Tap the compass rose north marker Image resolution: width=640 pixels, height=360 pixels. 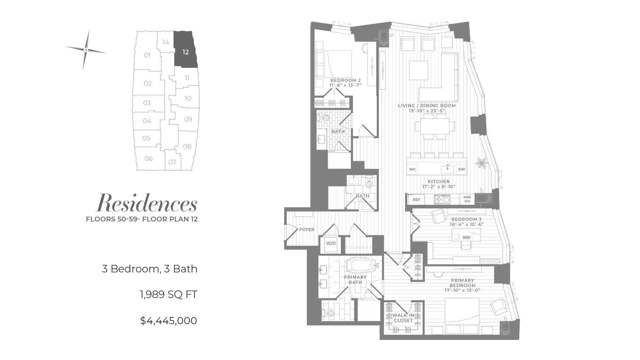coord(86,50)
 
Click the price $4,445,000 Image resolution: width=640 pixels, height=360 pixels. coord(168,321)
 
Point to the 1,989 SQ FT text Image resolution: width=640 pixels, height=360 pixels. coord(168,294)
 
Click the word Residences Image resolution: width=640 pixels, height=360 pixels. coord(147,203)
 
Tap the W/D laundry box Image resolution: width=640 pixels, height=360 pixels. coord(331,243)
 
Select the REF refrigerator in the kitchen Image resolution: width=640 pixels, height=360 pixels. coord(416,199)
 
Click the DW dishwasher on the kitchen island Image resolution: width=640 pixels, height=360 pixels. coord(461,169)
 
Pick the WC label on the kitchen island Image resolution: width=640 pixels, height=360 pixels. coord(412,169)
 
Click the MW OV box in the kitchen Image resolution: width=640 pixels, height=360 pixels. coord(467,199)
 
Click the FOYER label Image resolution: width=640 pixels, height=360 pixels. coord(307,229)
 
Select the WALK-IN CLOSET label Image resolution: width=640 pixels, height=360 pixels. coord(403,318)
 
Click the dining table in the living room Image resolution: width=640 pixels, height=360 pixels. coord(435,126)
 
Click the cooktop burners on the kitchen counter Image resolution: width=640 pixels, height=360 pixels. coord(442,200)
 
